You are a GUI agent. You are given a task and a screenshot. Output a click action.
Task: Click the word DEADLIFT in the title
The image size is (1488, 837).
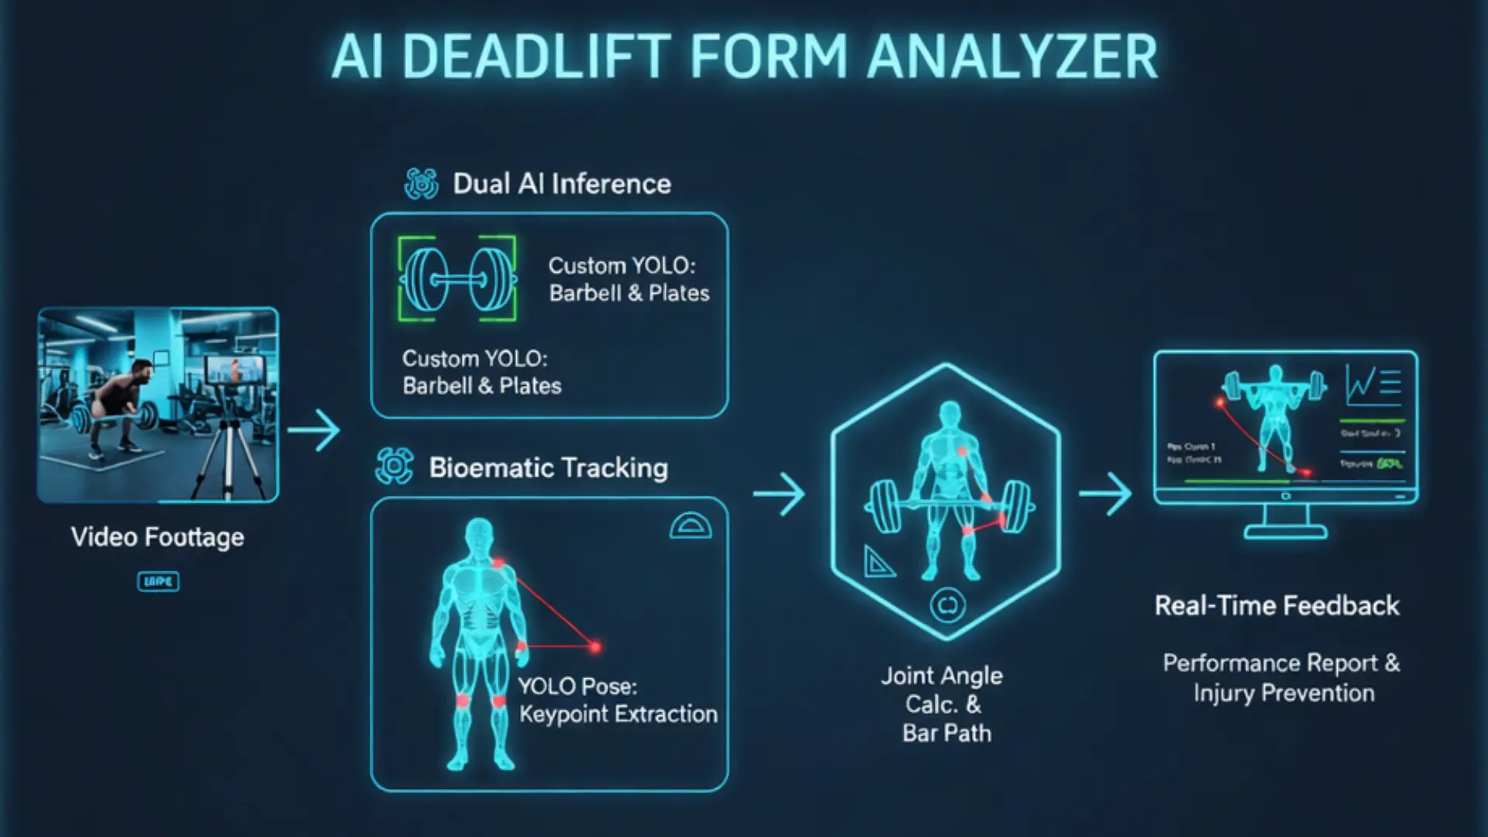pos(537,57)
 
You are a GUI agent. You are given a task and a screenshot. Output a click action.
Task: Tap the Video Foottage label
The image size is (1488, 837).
pos(157,537)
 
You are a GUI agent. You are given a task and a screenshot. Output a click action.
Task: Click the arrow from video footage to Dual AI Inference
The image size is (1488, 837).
pos(314,430)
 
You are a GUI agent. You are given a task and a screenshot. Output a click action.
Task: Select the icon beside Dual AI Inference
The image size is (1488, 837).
pos(422,184)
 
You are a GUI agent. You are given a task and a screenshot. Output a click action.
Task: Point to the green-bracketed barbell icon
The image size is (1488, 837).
pos(457,279)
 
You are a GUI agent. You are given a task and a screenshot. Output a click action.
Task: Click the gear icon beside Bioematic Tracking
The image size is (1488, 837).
pos(394,467)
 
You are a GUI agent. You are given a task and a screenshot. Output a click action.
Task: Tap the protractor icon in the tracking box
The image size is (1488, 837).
pos(690,526)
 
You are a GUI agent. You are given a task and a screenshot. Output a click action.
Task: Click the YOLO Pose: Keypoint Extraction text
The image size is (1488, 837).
pos(618,700)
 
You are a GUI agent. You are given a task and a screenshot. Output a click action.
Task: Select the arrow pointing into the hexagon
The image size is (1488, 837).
pos(780,494)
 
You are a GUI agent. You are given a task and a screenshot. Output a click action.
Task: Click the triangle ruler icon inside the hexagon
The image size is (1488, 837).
pos(879,562)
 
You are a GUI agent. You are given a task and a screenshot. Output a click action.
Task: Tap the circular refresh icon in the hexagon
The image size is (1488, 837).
pos(947,605)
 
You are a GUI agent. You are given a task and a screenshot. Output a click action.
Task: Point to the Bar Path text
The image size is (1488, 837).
pos(946,733)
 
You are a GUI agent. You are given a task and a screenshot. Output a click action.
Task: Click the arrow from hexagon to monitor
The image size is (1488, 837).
pos(1106,494)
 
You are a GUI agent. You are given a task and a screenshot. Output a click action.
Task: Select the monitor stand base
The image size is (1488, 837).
pos(1285,532)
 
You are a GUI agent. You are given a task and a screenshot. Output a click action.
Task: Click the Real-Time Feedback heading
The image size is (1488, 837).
pos(1276,605)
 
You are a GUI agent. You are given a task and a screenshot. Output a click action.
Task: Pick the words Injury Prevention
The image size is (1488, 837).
pos(1283,693)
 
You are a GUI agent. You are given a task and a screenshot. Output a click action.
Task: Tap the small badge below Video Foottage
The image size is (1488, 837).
pos(158,581)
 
